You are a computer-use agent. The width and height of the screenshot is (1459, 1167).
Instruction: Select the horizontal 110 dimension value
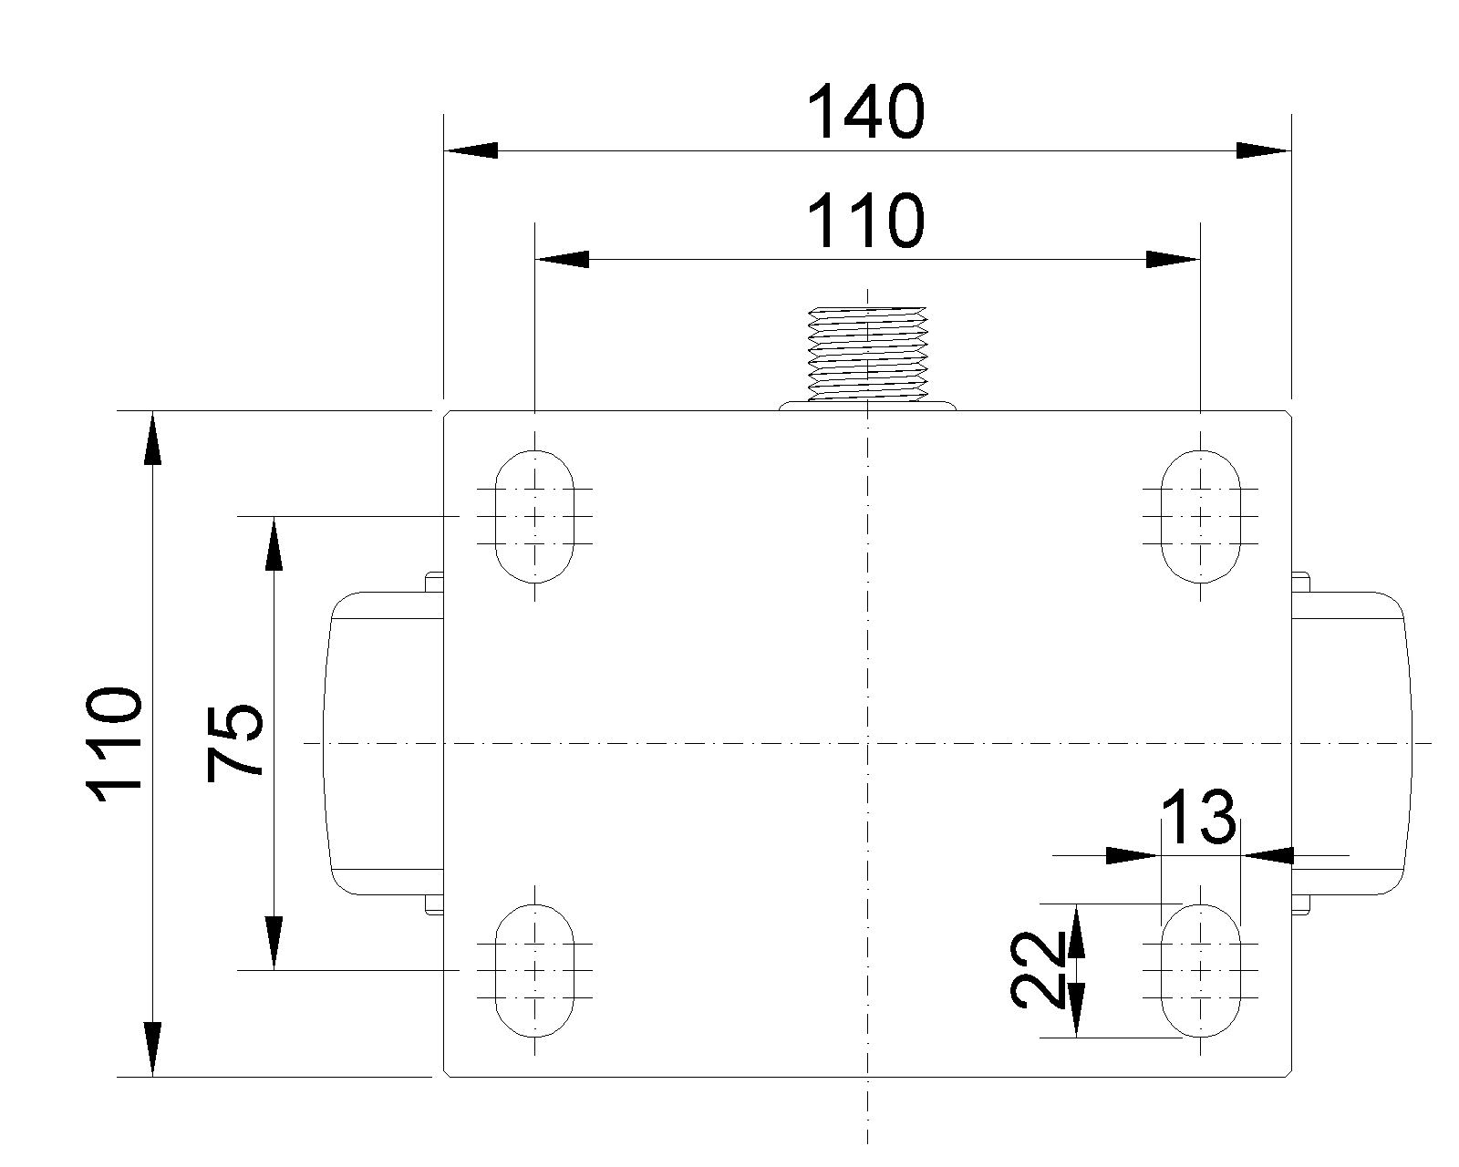[866, 222]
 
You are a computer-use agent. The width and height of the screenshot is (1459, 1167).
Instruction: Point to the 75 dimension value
[235, 743]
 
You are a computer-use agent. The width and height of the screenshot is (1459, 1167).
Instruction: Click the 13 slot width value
[1199, 817]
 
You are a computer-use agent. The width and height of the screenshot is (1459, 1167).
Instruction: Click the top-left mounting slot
[534, 516]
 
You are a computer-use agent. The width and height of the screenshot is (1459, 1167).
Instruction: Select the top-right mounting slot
[1200, 516]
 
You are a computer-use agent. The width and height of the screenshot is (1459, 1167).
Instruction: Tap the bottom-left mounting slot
[534, 970]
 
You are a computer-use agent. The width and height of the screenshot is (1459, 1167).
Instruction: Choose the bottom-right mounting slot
[1200, 970]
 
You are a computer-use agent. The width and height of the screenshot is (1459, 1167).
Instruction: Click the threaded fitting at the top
[867, 354]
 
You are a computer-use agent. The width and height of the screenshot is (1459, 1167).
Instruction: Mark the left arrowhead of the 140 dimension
[470, 150]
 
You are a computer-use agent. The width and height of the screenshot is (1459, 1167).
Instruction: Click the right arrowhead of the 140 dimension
[1264, 150]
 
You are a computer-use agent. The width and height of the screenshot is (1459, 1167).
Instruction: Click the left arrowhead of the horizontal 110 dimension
[561, 260]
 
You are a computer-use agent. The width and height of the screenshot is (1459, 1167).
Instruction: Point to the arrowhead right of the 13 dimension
[1269, 855]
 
